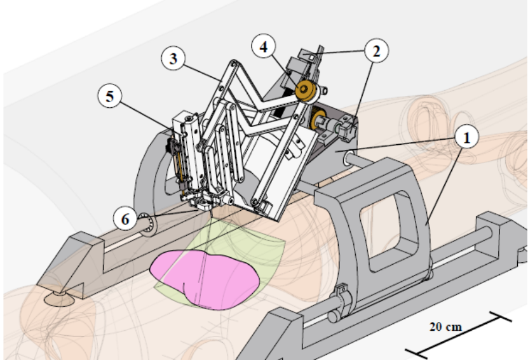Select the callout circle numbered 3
coord(173,59)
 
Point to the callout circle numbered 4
coord(264,48)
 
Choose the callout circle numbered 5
coord(110,98)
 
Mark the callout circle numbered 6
coord(125,219)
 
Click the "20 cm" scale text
coord(444,327)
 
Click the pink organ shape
coord(203,277)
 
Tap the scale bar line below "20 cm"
coord(458,333)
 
